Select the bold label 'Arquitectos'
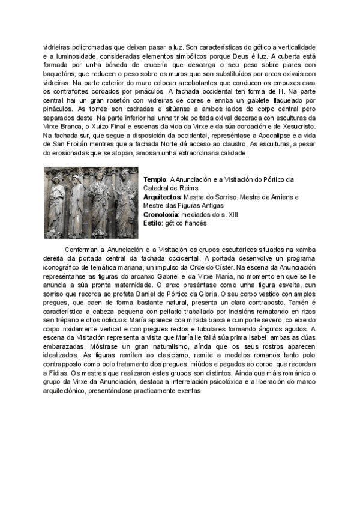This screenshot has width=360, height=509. (x=164, y=197)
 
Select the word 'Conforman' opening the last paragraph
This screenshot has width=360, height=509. (x=80, y=248)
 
